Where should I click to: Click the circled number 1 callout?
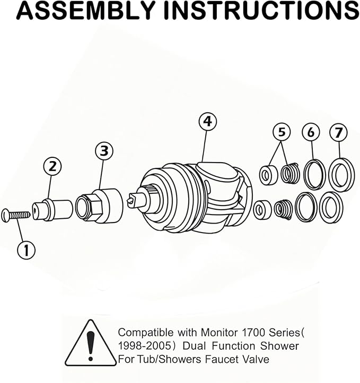click(x=26, y=250)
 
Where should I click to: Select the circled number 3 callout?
click(x=104, y=151)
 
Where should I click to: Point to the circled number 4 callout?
click(x=208, y=122)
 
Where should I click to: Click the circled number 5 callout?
click(x=282, y=132)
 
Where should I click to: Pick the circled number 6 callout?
click(x=311, y=132)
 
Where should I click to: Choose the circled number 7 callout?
click(x=338, y=132)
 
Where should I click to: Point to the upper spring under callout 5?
click(x=290, y=174)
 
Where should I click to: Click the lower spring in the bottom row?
click(x=284, y=209)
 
